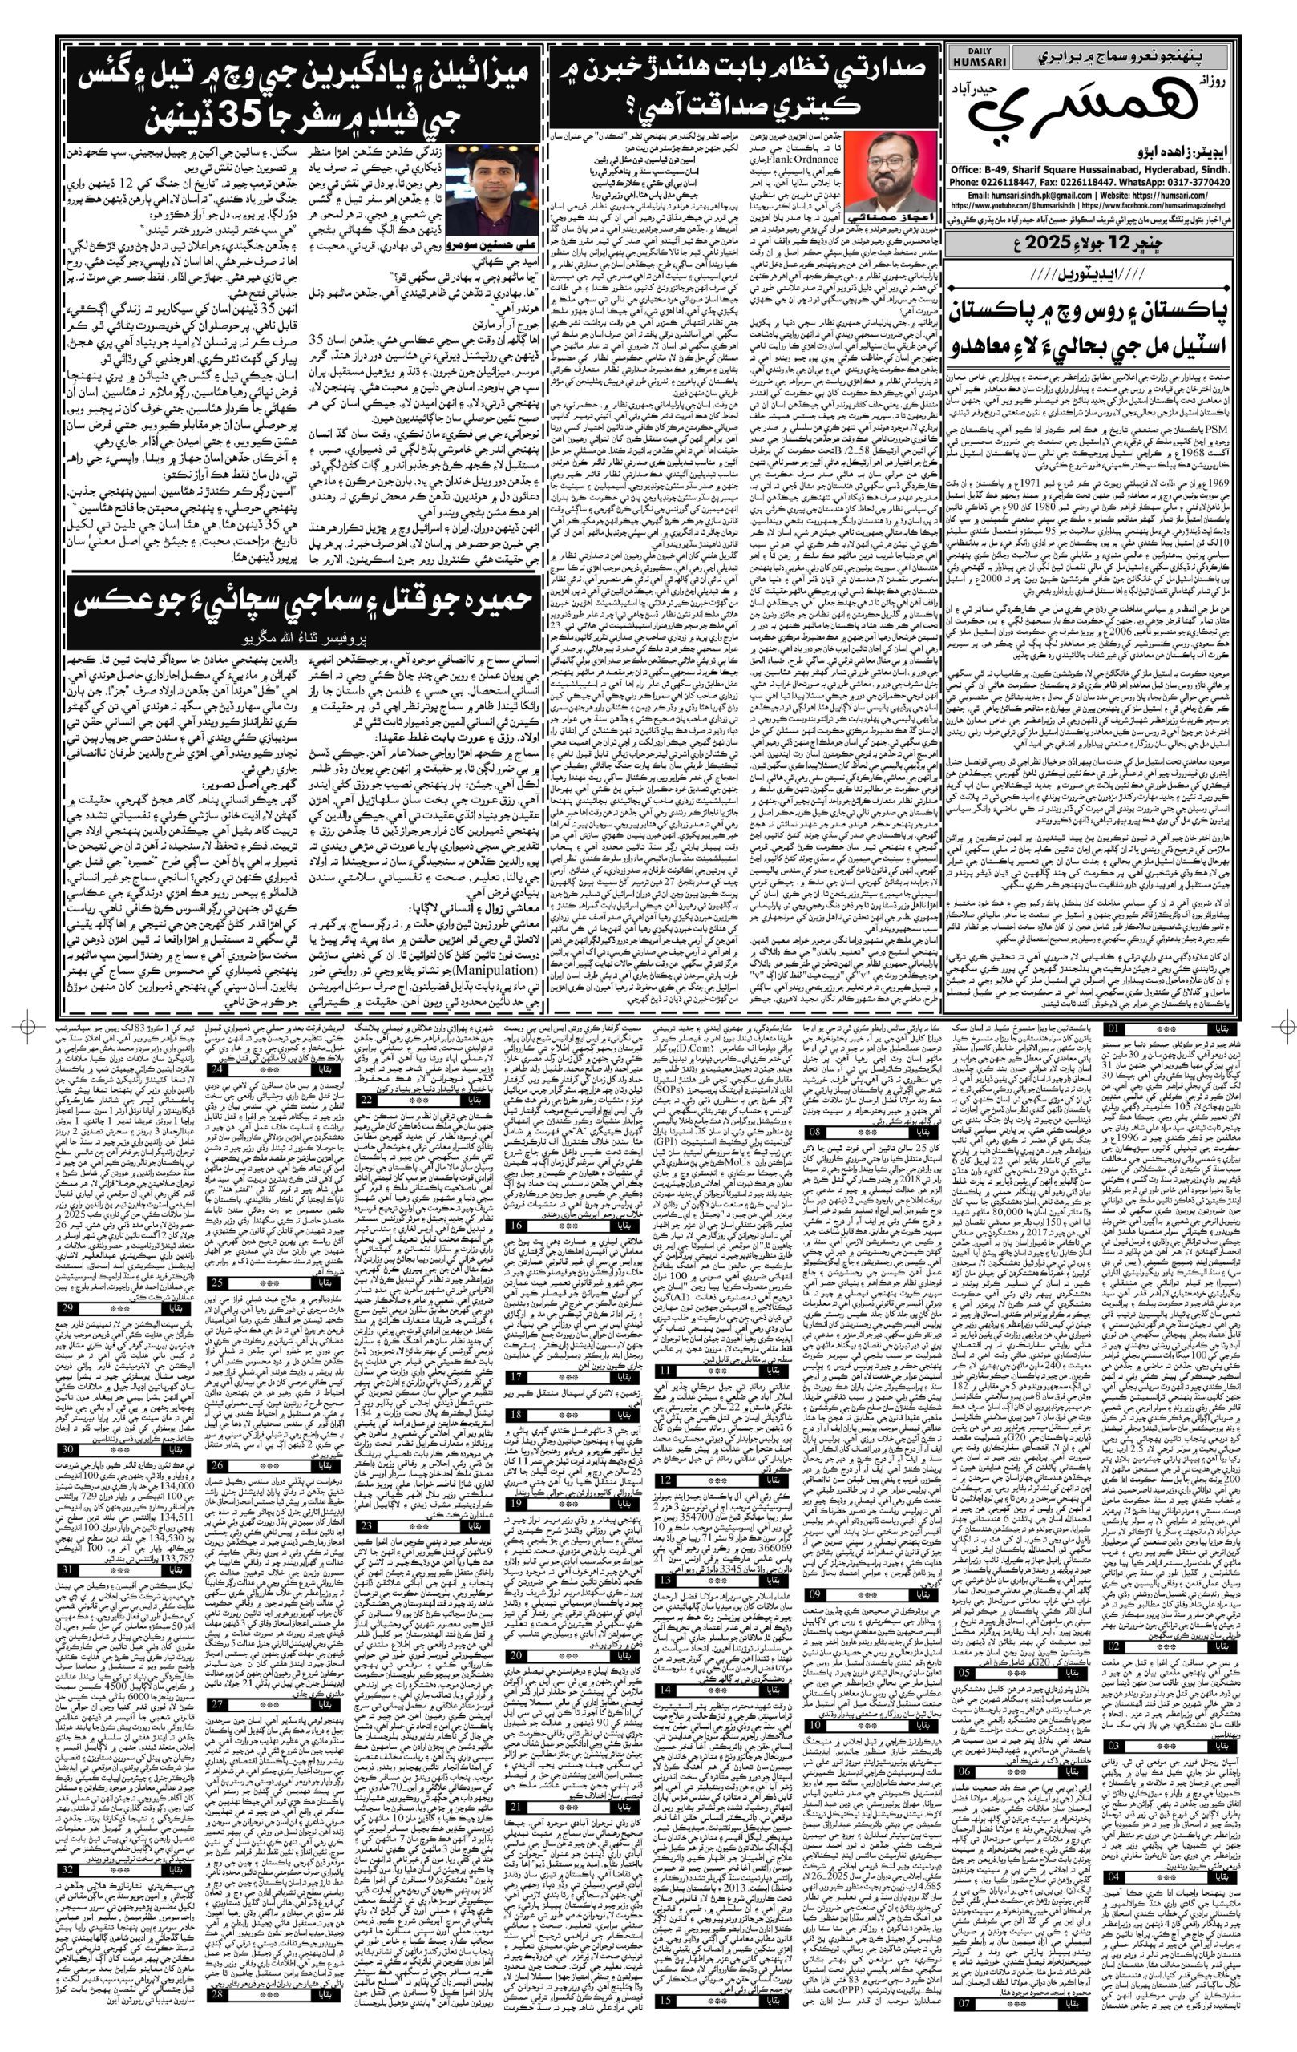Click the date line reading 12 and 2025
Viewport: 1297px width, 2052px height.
click(x=1089, y=242)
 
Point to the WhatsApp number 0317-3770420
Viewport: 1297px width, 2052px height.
click(x=1184, y=184)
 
